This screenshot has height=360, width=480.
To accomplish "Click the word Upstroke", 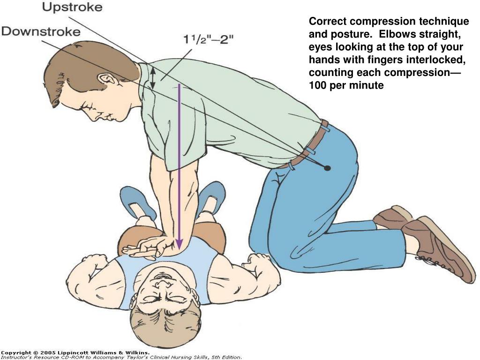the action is [x=72, y=7].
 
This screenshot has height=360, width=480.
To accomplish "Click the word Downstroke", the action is [x=41, y=31].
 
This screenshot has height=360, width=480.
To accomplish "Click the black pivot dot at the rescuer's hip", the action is [x=327, y=168].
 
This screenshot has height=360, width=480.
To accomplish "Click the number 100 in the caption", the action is [x=317, y=85].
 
